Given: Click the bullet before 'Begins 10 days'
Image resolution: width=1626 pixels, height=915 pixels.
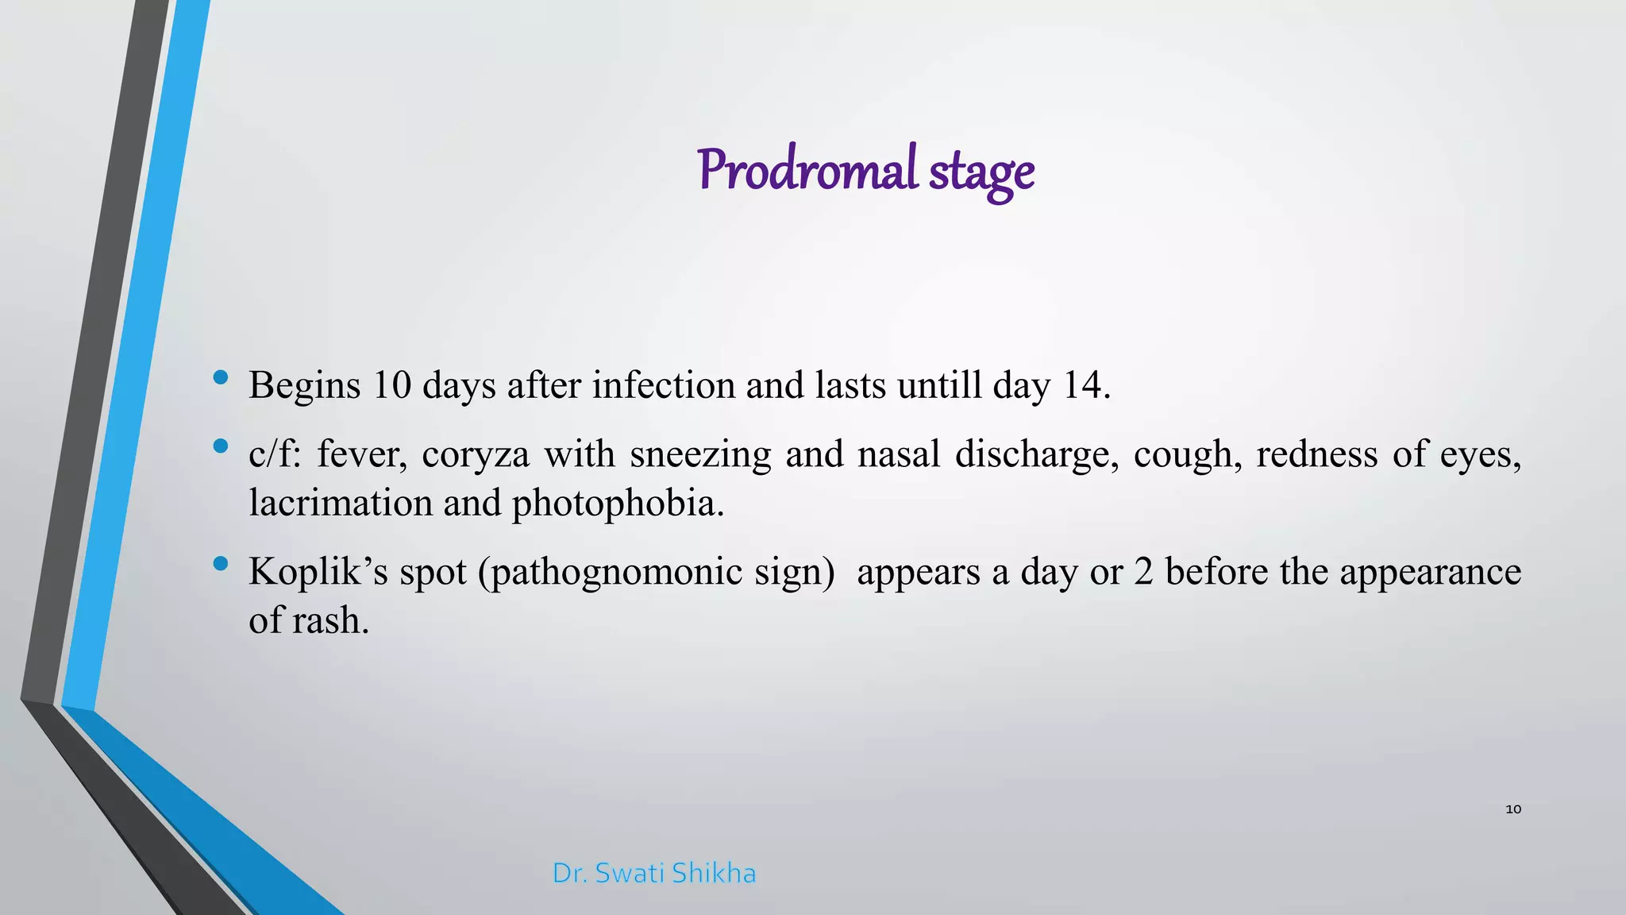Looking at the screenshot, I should [221, 377].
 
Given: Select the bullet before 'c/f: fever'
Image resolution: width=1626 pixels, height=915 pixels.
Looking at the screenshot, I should [221, 446].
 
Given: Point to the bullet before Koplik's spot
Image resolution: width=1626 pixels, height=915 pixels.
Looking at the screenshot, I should [221, 564].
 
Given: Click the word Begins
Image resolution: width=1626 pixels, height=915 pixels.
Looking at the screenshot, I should [304, 386].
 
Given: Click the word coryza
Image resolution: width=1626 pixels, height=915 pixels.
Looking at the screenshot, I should [475, 454].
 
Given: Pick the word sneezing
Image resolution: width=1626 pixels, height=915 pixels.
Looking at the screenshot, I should [700, 454].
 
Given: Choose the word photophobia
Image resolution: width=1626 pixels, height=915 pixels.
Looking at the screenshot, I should [617, 504].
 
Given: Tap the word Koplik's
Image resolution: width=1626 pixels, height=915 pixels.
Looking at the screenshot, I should [318, 572].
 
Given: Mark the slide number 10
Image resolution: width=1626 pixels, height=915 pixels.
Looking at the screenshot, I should [1513, 809].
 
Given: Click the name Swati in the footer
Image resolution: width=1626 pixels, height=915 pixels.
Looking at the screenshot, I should [630, 873].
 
